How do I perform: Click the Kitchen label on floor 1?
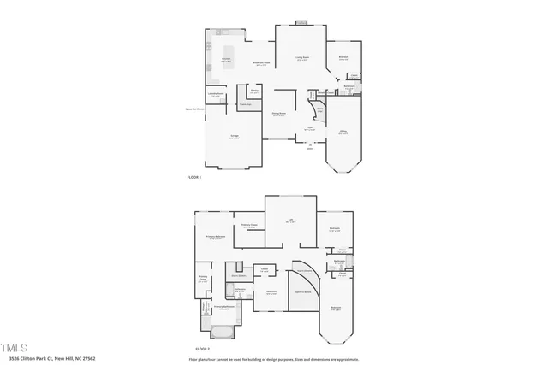226,59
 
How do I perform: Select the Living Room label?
302,58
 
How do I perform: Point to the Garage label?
234,137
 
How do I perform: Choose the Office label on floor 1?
342,132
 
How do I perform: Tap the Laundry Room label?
217,95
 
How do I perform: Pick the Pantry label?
254,91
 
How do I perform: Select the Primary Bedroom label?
215,237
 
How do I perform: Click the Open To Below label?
302,292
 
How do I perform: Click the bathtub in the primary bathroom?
218,329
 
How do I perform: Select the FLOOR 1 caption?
194,176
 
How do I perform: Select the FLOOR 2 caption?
202,350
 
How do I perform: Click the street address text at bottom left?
52,358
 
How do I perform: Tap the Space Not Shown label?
195,109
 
